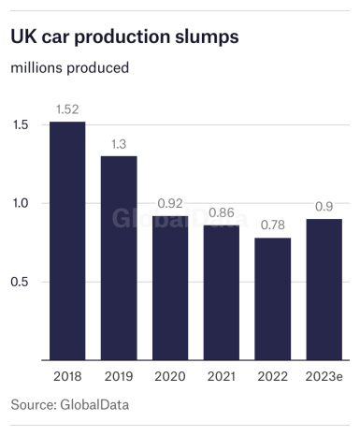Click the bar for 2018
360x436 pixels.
tap(67, 240)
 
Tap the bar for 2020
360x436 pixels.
tap(170, 287)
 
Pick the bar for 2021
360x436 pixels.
tap(222, 292)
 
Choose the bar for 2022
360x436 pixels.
tap(273, 298)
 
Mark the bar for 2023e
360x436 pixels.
tap(324, 289)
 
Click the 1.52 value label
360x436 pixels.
tap(67, 111)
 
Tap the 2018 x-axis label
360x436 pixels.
tap(67, 375)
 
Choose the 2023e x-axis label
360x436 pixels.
tap(324, 375)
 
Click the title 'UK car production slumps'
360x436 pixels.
tap(124, 36)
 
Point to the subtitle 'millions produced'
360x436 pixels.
tap(69, 67)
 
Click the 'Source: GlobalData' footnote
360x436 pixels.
tap(69, 405)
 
